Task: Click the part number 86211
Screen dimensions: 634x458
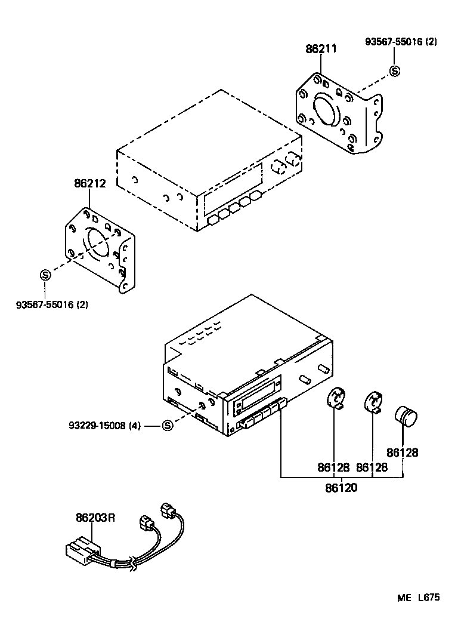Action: click(x=321, y=49)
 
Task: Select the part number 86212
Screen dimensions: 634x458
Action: click(x=89, y=184)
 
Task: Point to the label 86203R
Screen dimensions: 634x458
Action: click(x=95, y=518)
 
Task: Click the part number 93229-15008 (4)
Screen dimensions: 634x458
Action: click(x=104, y=426)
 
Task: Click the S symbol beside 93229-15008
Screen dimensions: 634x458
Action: click(x=167, y=426)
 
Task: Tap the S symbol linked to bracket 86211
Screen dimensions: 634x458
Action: click(x=394, y=71)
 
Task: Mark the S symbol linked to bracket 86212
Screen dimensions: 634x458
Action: click(x=45, y=275)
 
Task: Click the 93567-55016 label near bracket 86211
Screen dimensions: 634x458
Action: click(x=401, y=42)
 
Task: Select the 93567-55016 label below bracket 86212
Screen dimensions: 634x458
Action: click(x=52, y=304)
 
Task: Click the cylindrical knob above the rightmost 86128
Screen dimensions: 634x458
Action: click(x=407, y=416)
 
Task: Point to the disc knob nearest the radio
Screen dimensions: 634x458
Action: click(x=338, y=398)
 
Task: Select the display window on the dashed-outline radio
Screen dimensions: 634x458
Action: click(x=233, y=188)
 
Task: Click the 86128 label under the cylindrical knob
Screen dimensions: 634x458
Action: click(x=402, y=453)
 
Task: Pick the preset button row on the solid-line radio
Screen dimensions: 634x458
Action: click(x=262, y=416)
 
